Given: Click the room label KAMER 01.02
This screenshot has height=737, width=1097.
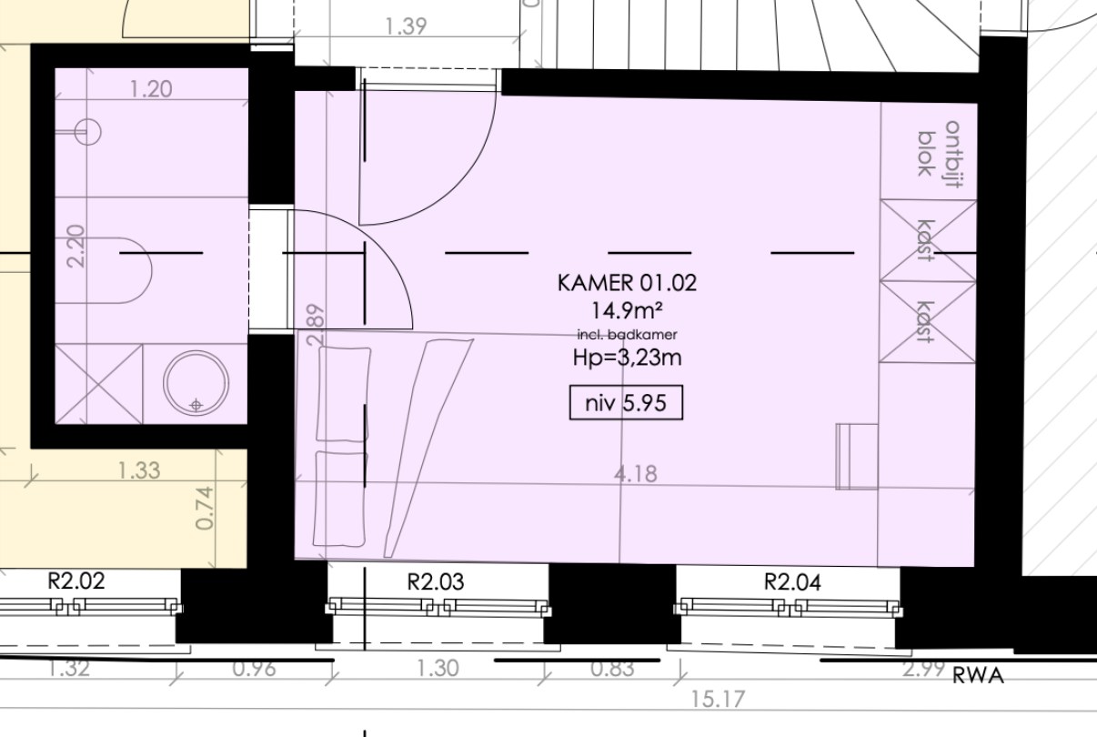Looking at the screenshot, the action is click(x=627, y=283).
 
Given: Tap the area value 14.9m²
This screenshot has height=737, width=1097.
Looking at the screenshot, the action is click(x=627, y=310).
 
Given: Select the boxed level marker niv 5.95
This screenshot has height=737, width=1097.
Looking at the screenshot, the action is click(x=627, y=403).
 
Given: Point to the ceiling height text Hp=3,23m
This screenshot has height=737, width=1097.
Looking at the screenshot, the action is click(x=627, y=358).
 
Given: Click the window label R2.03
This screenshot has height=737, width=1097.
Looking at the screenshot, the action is click(x=436, y=581).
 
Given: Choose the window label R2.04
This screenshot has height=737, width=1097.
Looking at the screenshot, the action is click(x=792, y=582).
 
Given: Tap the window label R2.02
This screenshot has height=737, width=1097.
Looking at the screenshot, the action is click(x=76, y=581).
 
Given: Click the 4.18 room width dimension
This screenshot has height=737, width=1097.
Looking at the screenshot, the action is click(x=635, y=474).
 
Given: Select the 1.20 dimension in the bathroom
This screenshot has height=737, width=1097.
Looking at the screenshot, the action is click(x=151, y=89).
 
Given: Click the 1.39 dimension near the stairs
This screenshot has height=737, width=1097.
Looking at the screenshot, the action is click(x=406, y=26).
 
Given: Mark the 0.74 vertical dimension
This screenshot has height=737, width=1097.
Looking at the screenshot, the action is click(x=205, y=508).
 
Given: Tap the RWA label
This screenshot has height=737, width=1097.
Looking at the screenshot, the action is click(x=979, y=676).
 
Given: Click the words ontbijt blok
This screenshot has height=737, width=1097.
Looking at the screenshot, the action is click(x=939, y=154).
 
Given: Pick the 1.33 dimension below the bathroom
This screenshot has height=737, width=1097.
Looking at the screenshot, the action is click(x=139, y=470).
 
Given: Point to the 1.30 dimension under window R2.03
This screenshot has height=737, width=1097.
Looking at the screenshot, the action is click(x=438, y=668).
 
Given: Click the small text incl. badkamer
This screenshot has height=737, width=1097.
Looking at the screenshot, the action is click(x=627, y=335).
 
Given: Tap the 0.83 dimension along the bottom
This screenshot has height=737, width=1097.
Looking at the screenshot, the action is click(x=612, y=669).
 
